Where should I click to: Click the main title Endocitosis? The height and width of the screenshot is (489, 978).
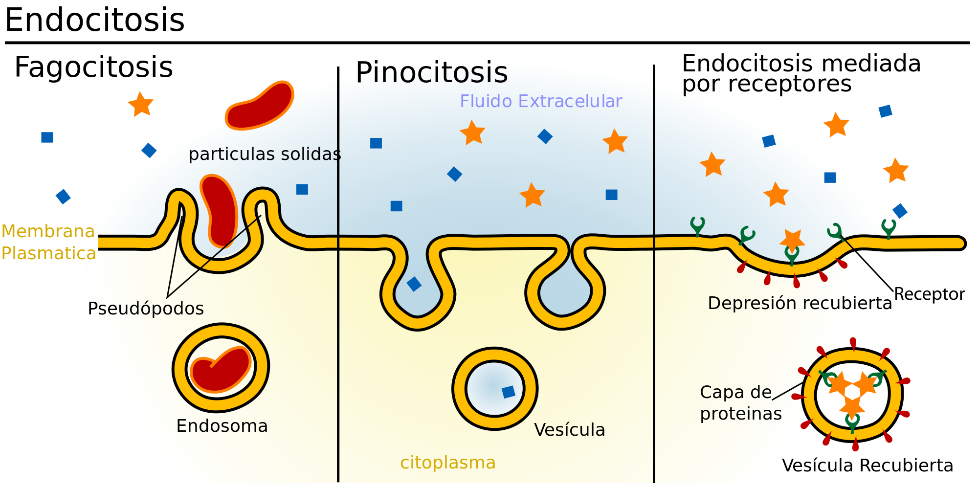(94, 21)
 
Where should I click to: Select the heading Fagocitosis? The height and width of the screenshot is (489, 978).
(93, 67)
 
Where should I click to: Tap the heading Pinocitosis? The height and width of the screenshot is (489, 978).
(431, 72)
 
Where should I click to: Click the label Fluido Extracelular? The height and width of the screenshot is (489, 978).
(540, 101)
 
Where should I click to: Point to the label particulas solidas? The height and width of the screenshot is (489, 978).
(265, 154)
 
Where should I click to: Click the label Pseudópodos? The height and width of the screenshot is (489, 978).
(146, 309)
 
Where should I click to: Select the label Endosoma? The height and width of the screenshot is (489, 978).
(222, 426)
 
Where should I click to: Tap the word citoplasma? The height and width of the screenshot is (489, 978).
(447, 463)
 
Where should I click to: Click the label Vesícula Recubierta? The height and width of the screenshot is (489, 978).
(867, 466)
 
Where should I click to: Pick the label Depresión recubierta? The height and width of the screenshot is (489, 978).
(800, 303)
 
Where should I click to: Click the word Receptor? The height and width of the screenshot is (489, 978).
(929, 294)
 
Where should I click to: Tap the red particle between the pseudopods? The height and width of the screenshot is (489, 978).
(220, 210)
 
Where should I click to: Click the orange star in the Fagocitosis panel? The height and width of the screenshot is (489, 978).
(141, 104)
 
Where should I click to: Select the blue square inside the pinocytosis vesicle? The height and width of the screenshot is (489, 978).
(509, 392)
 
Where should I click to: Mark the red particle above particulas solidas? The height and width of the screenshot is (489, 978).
(259, 105)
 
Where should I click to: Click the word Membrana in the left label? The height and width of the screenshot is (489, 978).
(48, 231)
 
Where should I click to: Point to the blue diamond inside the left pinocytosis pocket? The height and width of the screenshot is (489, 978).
(414, 284)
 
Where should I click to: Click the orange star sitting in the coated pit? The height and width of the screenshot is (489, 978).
(792, 240)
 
